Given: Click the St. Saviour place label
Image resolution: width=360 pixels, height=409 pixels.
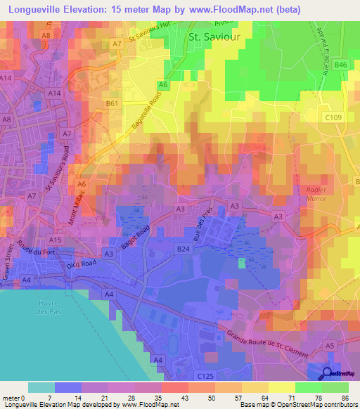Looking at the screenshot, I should (213, 37).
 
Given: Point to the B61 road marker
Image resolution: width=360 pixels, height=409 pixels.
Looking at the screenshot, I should (111, 103).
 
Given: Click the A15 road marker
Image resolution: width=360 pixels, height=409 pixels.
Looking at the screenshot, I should (57, 240).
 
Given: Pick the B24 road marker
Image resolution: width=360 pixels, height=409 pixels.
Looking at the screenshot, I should (184, 249).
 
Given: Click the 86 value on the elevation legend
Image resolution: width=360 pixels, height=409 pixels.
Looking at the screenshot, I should (345, 398).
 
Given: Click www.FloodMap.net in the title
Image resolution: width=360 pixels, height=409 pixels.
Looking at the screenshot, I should (228, 10).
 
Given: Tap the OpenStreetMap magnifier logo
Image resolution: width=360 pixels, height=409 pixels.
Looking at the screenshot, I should (326, 372).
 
